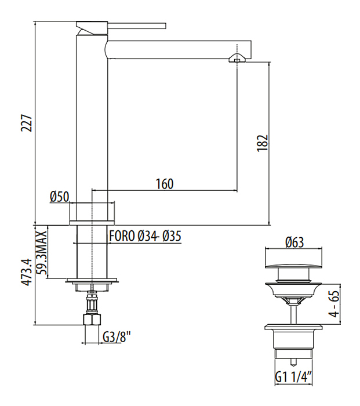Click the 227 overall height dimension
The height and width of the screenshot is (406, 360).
[27, 123]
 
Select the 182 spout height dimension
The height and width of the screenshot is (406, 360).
[263, 143]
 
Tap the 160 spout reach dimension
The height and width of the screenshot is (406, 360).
[165, 184]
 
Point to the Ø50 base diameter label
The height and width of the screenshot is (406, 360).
[60, 197]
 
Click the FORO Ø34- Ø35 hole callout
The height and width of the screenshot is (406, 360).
[145, 236]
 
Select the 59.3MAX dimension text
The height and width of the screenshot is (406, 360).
[41, 252]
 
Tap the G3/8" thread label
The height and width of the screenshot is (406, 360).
[117, 338]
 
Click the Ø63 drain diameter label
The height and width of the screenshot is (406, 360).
[294, 242]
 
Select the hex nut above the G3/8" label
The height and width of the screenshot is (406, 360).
[92, 320]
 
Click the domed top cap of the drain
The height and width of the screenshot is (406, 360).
[294, 266]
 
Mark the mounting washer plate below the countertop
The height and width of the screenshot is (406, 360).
[92, 280]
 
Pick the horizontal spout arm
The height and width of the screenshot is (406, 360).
[179, 50]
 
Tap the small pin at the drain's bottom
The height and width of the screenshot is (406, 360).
[293, 362]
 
